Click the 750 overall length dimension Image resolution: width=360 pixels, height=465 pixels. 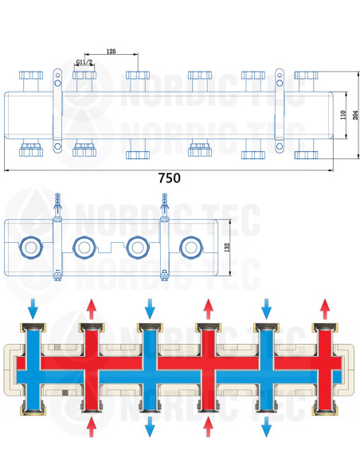(169, 178)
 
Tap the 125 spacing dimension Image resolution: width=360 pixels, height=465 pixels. (111, 51)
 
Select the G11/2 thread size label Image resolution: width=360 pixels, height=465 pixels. (84, 62)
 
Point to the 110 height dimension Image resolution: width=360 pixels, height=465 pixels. (343, 115)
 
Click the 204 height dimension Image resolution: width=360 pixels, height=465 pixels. (355, 115)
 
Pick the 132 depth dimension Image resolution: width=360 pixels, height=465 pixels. (227, 248)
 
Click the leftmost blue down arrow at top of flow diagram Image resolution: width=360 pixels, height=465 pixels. (33, 309)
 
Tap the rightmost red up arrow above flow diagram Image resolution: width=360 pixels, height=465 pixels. (325, 309)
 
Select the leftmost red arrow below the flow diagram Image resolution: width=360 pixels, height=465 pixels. (92, 427)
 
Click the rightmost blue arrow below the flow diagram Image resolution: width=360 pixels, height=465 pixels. (267, 427)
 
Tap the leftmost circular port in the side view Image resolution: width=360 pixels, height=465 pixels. (30, 248)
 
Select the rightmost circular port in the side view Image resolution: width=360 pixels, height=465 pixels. (190, 248)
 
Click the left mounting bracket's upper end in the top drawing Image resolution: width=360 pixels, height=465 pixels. (57, 78)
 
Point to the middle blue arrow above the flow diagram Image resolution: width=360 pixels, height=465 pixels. (150, 309)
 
